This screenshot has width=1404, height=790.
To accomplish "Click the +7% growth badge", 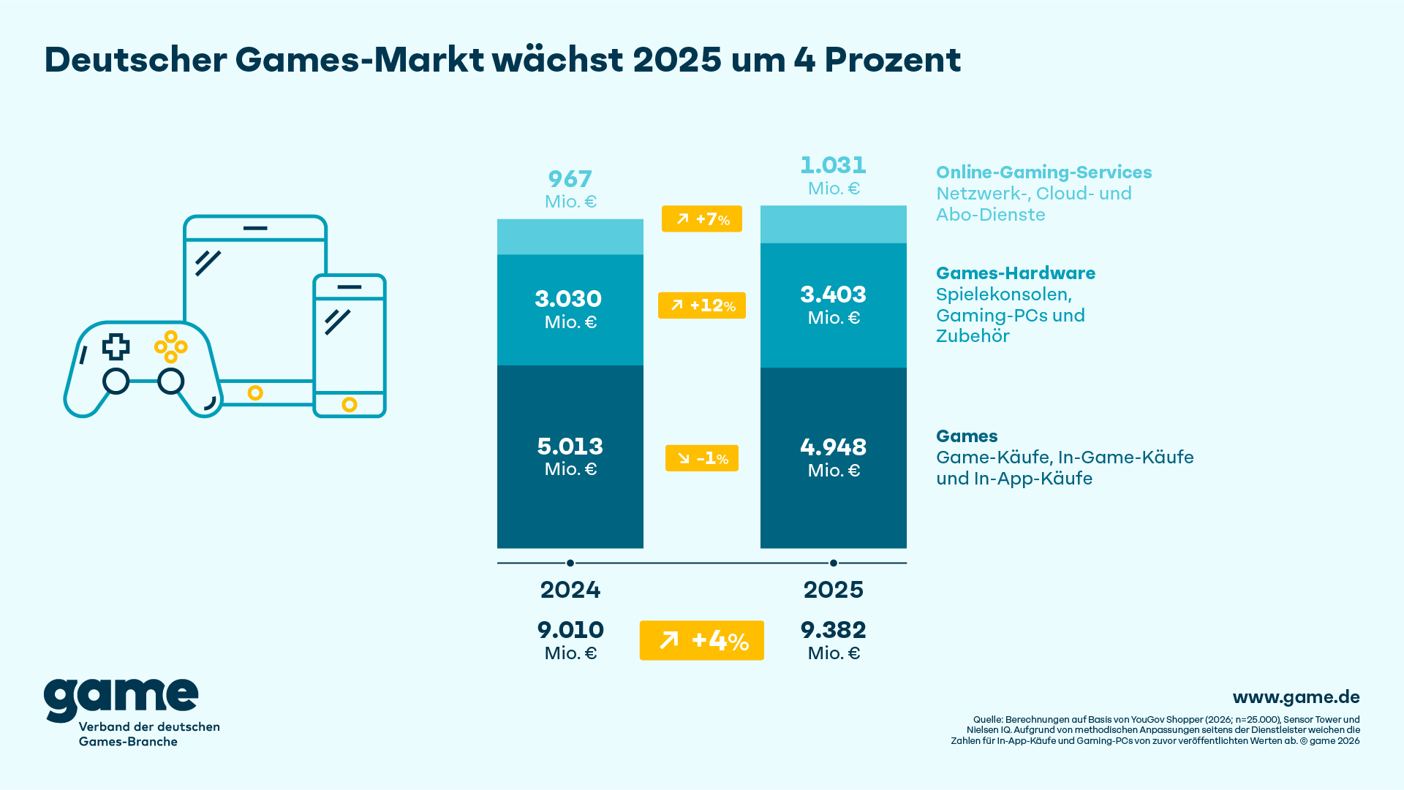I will tap(702, 219).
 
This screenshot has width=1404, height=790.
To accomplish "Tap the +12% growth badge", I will tap(702, 305).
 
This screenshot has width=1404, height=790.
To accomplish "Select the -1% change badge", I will tap(702, 458).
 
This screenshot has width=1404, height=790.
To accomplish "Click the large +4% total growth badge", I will tap(702, 641).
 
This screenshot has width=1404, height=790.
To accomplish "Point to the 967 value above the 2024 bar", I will tap(570, 179).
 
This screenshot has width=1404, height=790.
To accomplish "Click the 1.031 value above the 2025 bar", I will tap(834, 165).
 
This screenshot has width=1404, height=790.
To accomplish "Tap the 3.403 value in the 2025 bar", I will tap(834, 295).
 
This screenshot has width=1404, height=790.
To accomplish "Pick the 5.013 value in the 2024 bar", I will tap(570, 447).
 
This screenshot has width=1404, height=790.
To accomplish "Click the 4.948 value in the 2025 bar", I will tap(834, 447).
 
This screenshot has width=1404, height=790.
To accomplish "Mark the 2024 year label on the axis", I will tap(570, 590).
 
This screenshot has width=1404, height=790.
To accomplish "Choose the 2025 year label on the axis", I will tap(834, 590).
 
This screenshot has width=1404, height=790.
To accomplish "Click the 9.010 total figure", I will tap(570, 630).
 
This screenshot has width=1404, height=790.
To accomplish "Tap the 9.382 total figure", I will tap(834, 630).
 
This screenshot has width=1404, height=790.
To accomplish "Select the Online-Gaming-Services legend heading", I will tap(1043, 172).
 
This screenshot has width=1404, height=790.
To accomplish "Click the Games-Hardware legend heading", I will tap(1016, 273).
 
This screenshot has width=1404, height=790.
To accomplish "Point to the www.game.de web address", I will tap(1296, 697).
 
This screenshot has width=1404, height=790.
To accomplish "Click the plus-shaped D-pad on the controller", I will tap(116, 347).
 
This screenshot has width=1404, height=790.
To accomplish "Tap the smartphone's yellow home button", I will tap(350, 405).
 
